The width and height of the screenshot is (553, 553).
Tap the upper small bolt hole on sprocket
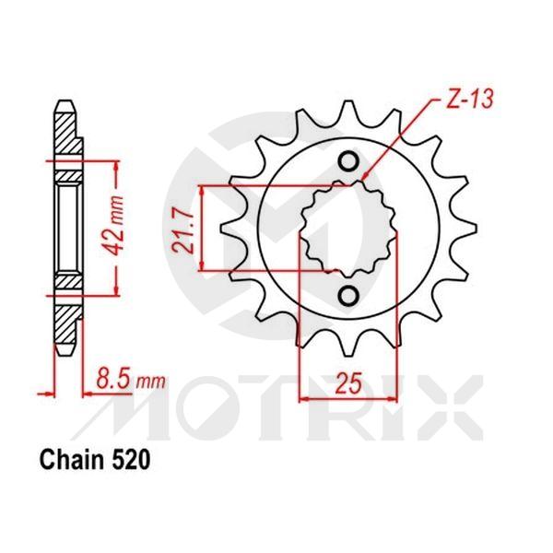coord(349,163)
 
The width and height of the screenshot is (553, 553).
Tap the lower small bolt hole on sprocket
coord(349,296)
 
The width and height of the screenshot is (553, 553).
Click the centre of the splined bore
coord(349,229)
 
